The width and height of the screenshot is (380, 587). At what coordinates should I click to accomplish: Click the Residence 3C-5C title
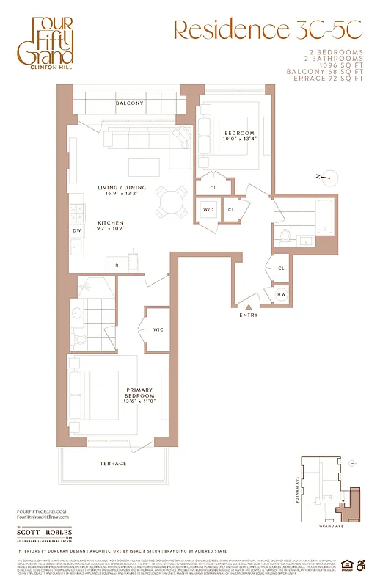[267, 30]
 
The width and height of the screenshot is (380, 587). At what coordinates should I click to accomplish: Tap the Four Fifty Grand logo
[52, 45]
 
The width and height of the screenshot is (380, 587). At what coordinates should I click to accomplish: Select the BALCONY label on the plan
[130, 103]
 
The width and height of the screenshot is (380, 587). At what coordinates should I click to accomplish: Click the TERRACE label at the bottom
[114, 464]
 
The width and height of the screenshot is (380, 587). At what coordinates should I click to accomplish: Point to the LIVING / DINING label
[122, 188]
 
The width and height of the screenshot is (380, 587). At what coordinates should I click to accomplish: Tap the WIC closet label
[158, 330]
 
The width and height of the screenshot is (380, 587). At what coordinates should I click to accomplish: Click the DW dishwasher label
[76, 230]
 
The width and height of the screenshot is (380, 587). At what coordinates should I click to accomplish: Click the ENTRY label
[249, 316]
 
